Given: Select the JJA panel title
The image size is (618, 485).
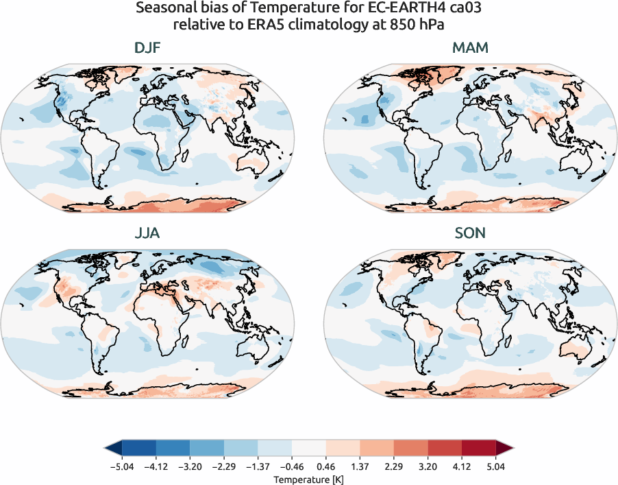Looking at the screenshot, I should (147, 233).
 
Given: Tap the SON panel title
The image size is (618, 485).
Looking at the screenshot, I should (470, 233).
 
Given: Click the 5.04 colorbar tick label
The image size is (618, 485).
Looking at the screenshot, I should (497, 466).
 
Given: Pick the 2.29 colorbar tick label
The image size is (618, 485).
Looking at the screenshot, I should (394, 466).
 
